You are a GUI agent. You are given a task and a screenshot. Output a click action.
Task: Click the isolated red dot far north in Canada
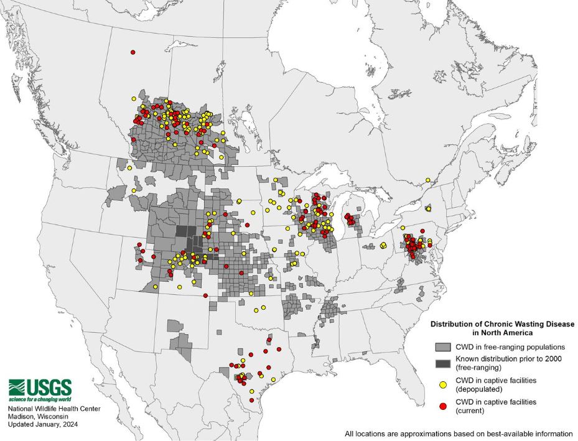(x=133, y=52)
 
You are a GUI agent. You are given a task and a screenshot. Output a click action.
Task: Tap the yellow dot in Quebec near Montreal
(x=428, y=180)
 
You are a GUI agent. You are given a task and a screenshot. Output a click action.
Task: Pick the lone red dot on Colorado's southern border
(x=205, y=295)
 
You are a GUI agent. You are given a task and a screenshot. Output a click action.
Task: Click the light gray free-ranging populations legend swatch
(x=442, y=346)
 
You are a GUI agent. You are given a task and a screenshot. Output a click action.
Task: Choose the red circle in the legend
(x=442, y=405)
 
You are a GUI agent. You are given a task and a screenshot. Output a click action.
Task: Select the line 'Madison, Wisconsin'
(x=37, y=416)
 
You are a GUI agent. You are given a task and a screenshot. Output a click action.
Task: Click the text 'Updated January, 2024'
(x=44, y=424)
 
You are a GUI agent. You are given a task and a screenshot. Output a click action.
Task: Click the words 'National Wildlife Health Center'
(x=54, y=409)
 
